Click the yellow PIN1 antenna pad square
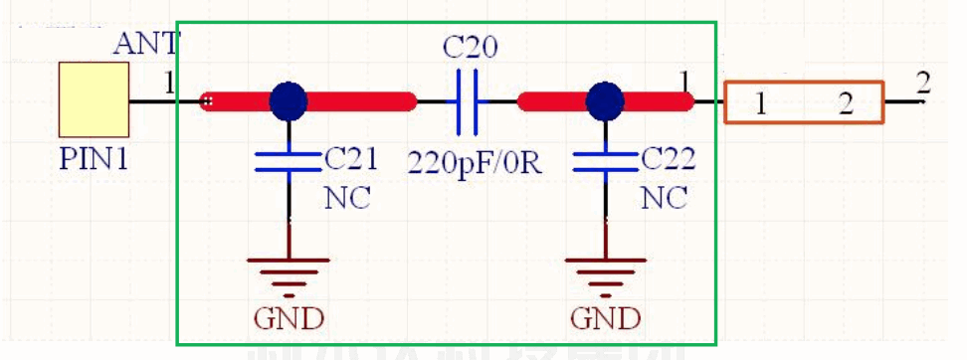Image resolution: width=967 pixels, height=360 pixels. pyautogui.click(x=94, y=99)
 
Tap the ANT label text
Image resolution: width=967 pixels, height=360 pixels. pyautogui.click(x=146, y=44)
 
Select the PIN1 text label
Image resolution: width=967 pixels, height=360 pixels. pyautogui.click(x=94, y=159)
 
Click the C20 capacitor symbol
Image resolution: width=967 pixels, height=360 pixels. pyautogui.click(x=468, y=101)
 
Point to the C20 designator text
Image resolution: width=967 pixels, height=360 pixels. pyautogui.click(x=471, y=48)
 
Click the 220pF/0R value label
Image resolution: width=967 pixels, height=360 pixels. pyautogui.click(x=475, y=162)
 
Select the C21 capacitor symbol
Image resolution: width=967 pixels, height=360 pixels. pyautogui.click(x=289, y=162)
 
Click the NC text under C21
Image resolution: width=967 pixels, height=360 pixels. pyautogui.click(x=347, y=197)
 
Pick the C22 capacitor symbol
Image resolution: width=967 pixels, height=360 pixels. pyautogui.click(x=604, y=162)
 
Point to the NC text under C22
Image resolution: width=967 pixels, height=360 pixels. pyautogui.click(x=664, y=197)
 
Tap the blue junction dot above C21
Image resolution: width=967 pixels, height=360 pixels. pyautogui.click(x=289, y=100)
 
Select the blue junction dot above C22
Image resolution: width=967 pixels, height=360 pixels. pyautogui.click(x=604, y=100)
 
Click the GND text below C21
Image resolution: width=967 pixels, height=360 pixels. pyautogui.click(x=289, y=318)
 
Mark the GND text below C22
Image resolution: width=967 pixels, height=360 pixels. pyautogui.click(x=605, y=318)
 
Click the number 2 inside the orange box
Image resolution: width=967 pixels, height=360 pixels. pyautogui.click(x=845, y=104)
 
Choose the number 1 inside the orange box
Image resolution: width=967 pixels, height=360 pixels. pyautogui.click(x=760, y=104)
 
